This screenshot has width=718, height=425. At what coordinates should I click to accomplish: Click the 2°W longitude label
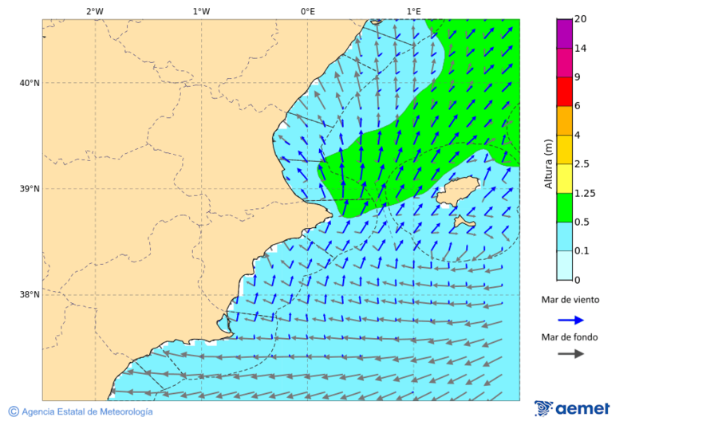point(94,11)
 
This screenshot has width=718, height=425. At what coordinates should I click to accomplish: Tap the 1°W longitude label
point(201,11)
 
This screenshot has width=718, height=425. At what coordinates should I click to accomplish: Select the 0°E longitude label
point(307,11)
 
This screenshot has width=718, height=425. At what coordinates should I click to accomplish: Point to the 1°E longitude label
point(413,11)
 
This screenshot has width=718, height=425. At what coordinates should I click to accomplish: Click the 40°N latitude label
point(30,83)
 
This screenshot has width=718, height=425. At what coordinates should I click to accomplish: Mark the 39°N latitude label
point(30,189)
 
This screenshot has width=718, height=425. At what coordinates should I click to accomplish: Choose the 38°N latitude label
point(30,295)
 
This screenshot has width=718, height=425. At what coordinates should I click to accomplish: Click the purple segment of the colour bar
point(564,33)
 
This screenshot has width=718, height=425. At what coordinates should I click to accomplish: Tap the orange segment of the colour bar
point(564,120)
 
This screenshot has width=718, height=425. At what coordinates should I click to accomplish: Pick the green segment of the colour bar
point(564,207)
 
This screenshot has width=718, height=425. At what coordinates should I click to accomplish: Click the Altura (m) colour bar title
point(548,163)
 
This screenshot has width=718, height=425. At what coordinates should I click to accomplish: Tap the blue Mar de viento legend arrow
point(570,320)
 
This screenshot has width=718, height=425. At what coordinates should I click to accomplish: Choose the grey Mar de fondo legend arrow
point(570,354)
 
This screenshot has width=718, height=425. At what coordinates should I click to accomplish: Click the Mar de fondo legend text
point(569,337)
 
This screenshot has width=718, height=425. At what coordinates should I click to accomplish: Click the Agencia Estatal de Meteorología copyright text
point(86,411)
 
